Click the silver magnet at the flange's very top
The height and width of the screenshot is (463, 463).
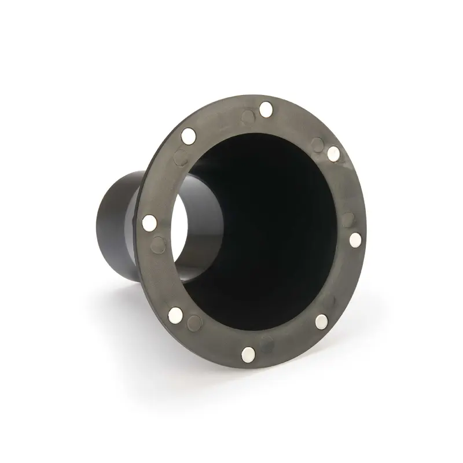click(x=266, y=108)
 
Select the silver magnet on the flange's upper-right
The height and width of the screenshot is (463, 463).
click(x=333, y=153)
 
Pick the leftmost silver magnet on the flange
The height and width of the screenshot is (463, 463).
click(x=149, y=221)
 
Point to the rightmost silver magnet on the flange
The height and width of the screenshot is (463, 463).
click(x=356, y=239)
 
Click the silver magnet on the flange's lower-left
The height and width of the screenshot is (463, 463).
click(x=177, y=314)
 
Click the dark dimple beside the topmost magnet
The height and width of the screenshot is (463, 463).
click(x=247, y=118)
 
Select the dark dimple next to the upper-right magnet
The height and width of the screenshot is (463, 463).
click(x=318, y=141)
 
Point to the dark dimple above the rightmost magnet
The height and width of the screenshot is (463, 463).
click(x=348, y=219)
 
